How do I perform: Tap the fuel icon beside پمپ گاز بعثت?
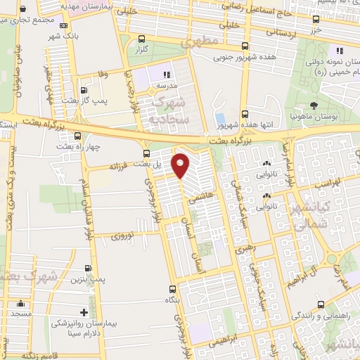point(84,90)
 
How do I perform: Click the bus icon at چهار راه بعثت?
point(77,136)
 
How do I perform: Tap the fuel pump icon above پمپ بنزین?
point(88,268)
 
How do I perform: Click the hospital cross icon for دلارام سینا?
point(84,312)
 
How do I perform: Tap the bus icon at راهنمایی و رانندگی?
point(321,304)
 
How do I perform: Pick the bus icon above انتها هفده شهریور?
point(244,113)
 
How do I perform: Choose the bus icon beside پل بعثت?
point(146,153)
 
